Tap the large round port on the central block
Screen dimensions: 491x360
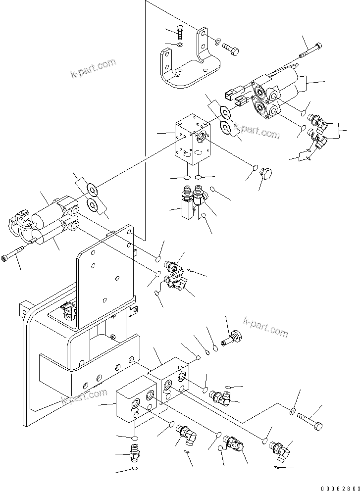pos(202,137)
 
